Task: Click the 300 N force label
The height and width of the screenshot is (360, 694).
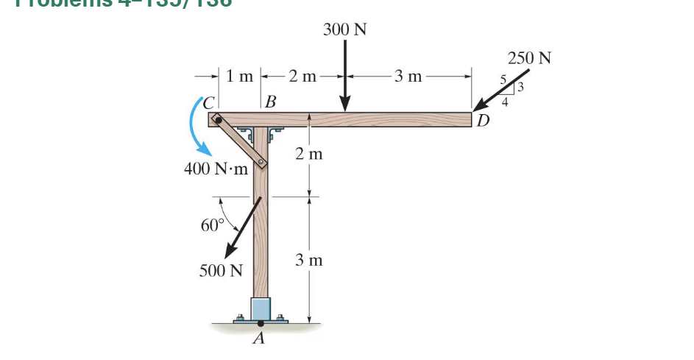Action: [345, 30]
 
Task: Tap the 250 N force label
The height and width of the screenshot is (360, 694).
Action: [529, 57]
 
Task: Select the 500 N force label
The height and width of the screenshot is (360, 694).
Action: [221, 270]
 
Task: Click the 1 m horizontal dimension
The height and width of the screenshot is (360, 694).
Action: [239, 75]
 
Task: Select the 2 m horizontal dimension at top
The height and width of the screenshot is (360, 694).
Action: [302, 75]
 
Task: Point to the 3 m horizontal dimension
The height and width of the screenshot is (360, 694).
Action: [408, 75]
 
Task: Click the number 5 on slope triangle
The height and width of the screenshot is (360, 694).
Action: [503, 80]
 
